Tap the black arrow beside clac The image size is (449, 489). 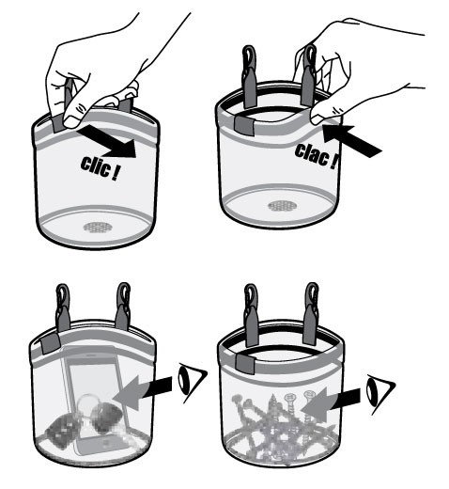click(x=360, y=135)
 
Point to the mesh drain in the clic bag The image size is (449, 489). click(x=97, y=227)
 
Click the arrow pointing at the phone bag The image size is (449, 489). click(x=149, y=389)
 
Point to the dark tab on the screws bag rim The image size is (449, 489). click(x=246, y=360)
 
